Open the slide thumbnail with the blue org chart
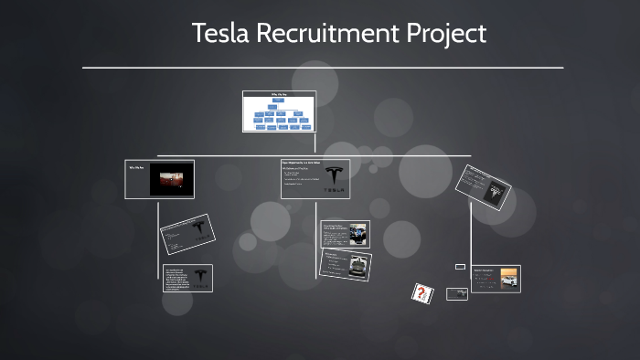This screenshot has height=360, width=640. (x=279, y=111)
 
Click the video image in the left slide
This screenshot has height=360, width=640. (x=172, y=180)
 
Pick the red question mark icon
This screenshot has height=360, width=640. (x=421, y=292)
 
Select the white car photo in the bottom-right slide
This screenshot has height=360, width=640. (x=508, y=281)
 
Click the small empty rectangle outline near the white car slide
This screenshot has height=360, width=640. (x=460, y=266)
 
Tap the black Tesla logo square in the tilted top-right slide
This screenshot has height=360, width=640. (x=497, y=190)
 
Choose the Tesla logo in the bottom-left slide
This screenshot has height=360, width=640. (x=200, y=277)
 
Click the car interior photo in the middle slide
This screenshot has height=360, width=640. (x=357, y=233)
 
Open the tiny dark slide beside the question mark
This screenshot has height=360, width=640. (x=457, y=294)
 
